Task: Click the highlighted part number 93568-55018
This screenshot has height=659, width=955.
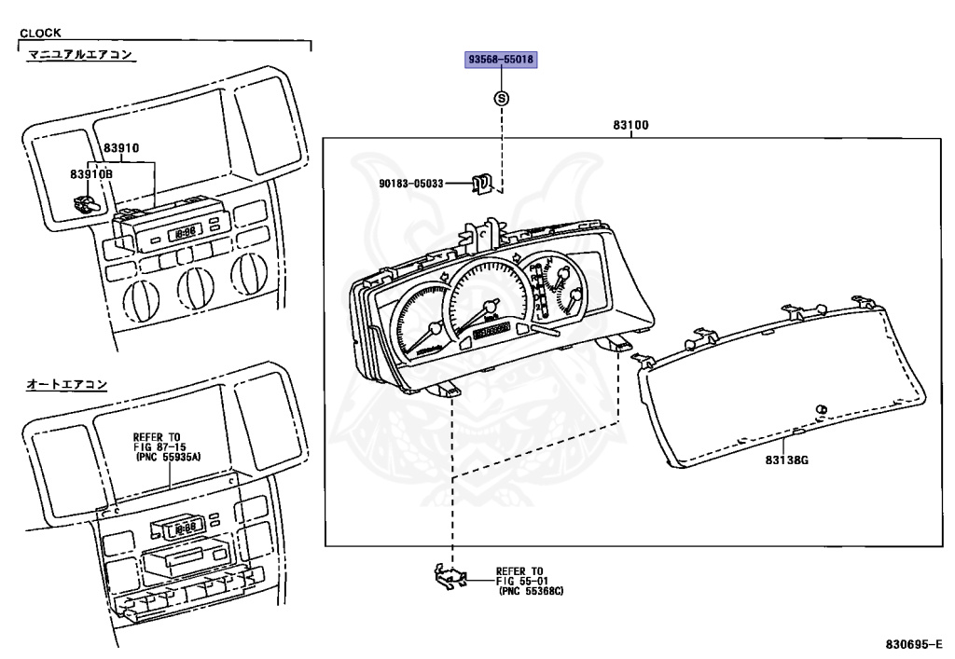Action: pos(501,60)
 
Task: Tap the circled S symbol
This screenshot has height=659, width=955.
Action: pos(501,98)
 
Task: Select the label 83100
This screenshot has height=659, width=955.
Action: pos(630,125)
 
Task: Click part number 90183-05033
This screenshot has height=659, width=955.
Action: pos(411,183)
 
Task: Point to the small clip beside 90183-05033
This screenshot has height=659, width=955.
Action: pos(482,183)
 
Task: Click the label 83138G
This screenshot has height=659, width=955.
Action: pos(787,460)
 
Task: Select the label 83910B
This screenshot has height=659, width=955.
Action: pos(91,174)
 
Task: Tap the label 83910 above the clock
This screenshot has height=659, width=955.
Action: pos(120,148)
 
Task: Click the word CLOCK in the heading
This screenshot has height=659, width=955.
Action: pos(40,33)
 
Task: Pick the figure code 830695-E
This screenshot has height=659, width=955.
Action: pos(914,644)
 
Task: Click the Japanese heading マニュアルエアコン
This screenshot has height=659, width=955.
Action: pos(80,55)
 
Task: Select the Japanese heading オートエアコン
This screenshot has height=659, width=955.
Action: pos(67,384)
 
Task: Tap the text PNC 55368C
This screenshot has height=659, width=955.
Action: pos(531,591)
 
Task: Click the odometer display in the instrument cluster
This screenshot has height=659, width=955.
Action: pos(491,330)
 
